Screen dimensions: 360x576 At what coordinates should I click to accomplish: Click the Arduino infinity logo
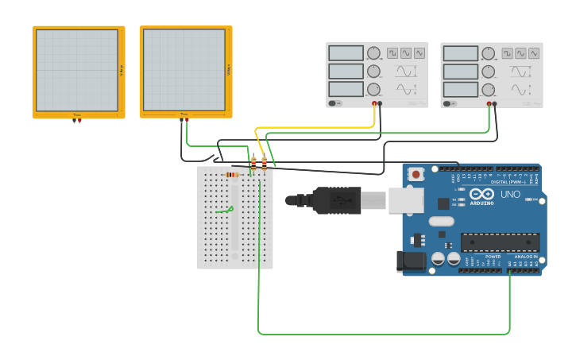481,194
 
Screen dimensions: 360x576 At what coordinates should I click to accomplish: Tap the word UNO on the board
510,194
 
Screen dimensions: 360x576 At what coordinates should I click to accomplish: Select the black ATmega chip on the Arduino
500,242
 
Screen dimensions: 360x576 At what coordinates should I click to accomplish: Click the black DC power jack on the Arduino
409,260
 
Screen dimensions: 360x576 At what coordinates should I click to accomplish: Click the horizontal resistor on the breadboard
232,175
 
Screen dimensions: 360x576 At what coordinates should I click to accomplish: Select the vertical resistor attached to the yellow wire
253,163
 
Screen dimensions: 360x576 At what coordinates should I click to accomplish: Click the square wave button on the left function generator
392,53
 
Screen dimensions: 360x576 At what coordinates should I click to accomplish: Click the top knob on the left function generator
373,53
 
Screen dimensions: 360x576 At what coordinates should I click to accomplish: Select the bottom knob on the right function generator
488,89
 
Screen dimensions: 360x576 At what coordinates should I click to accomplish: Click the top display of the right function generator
461,53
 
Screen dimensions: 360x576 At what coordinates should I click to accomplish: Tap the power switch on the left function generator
336,103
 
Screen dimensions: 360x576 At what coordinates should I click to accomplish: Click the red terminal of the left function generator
374,103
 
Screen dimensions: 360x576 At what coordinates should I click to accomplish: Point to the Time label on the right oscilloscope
184,114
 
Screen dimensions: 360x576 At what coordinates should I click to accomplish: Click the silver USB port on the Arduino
405,200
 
